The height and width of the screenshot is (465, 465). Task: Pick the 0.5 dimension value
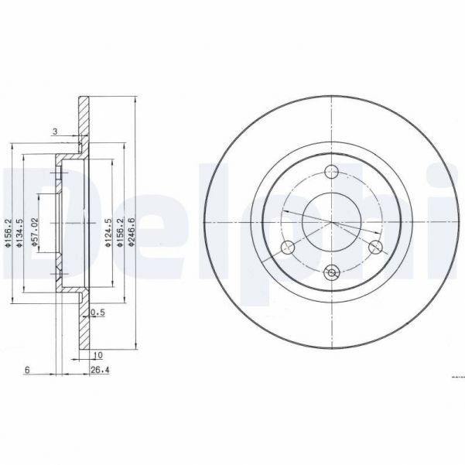(97, 312)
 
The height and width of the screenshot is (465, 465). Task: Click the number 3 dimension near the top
(54, 132)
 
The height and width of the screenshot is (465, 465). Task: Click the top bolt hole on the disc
(332, 172)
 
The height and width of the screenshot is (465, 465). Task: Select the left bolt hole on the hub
(288, 247)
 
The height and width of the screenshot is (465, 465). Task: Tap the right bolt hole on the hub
(376, 247)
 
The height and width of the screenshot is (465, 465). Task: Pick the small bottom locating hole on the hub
(332, 272)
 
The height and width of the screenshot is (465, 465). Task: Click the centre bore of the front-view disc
(332, 221)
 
